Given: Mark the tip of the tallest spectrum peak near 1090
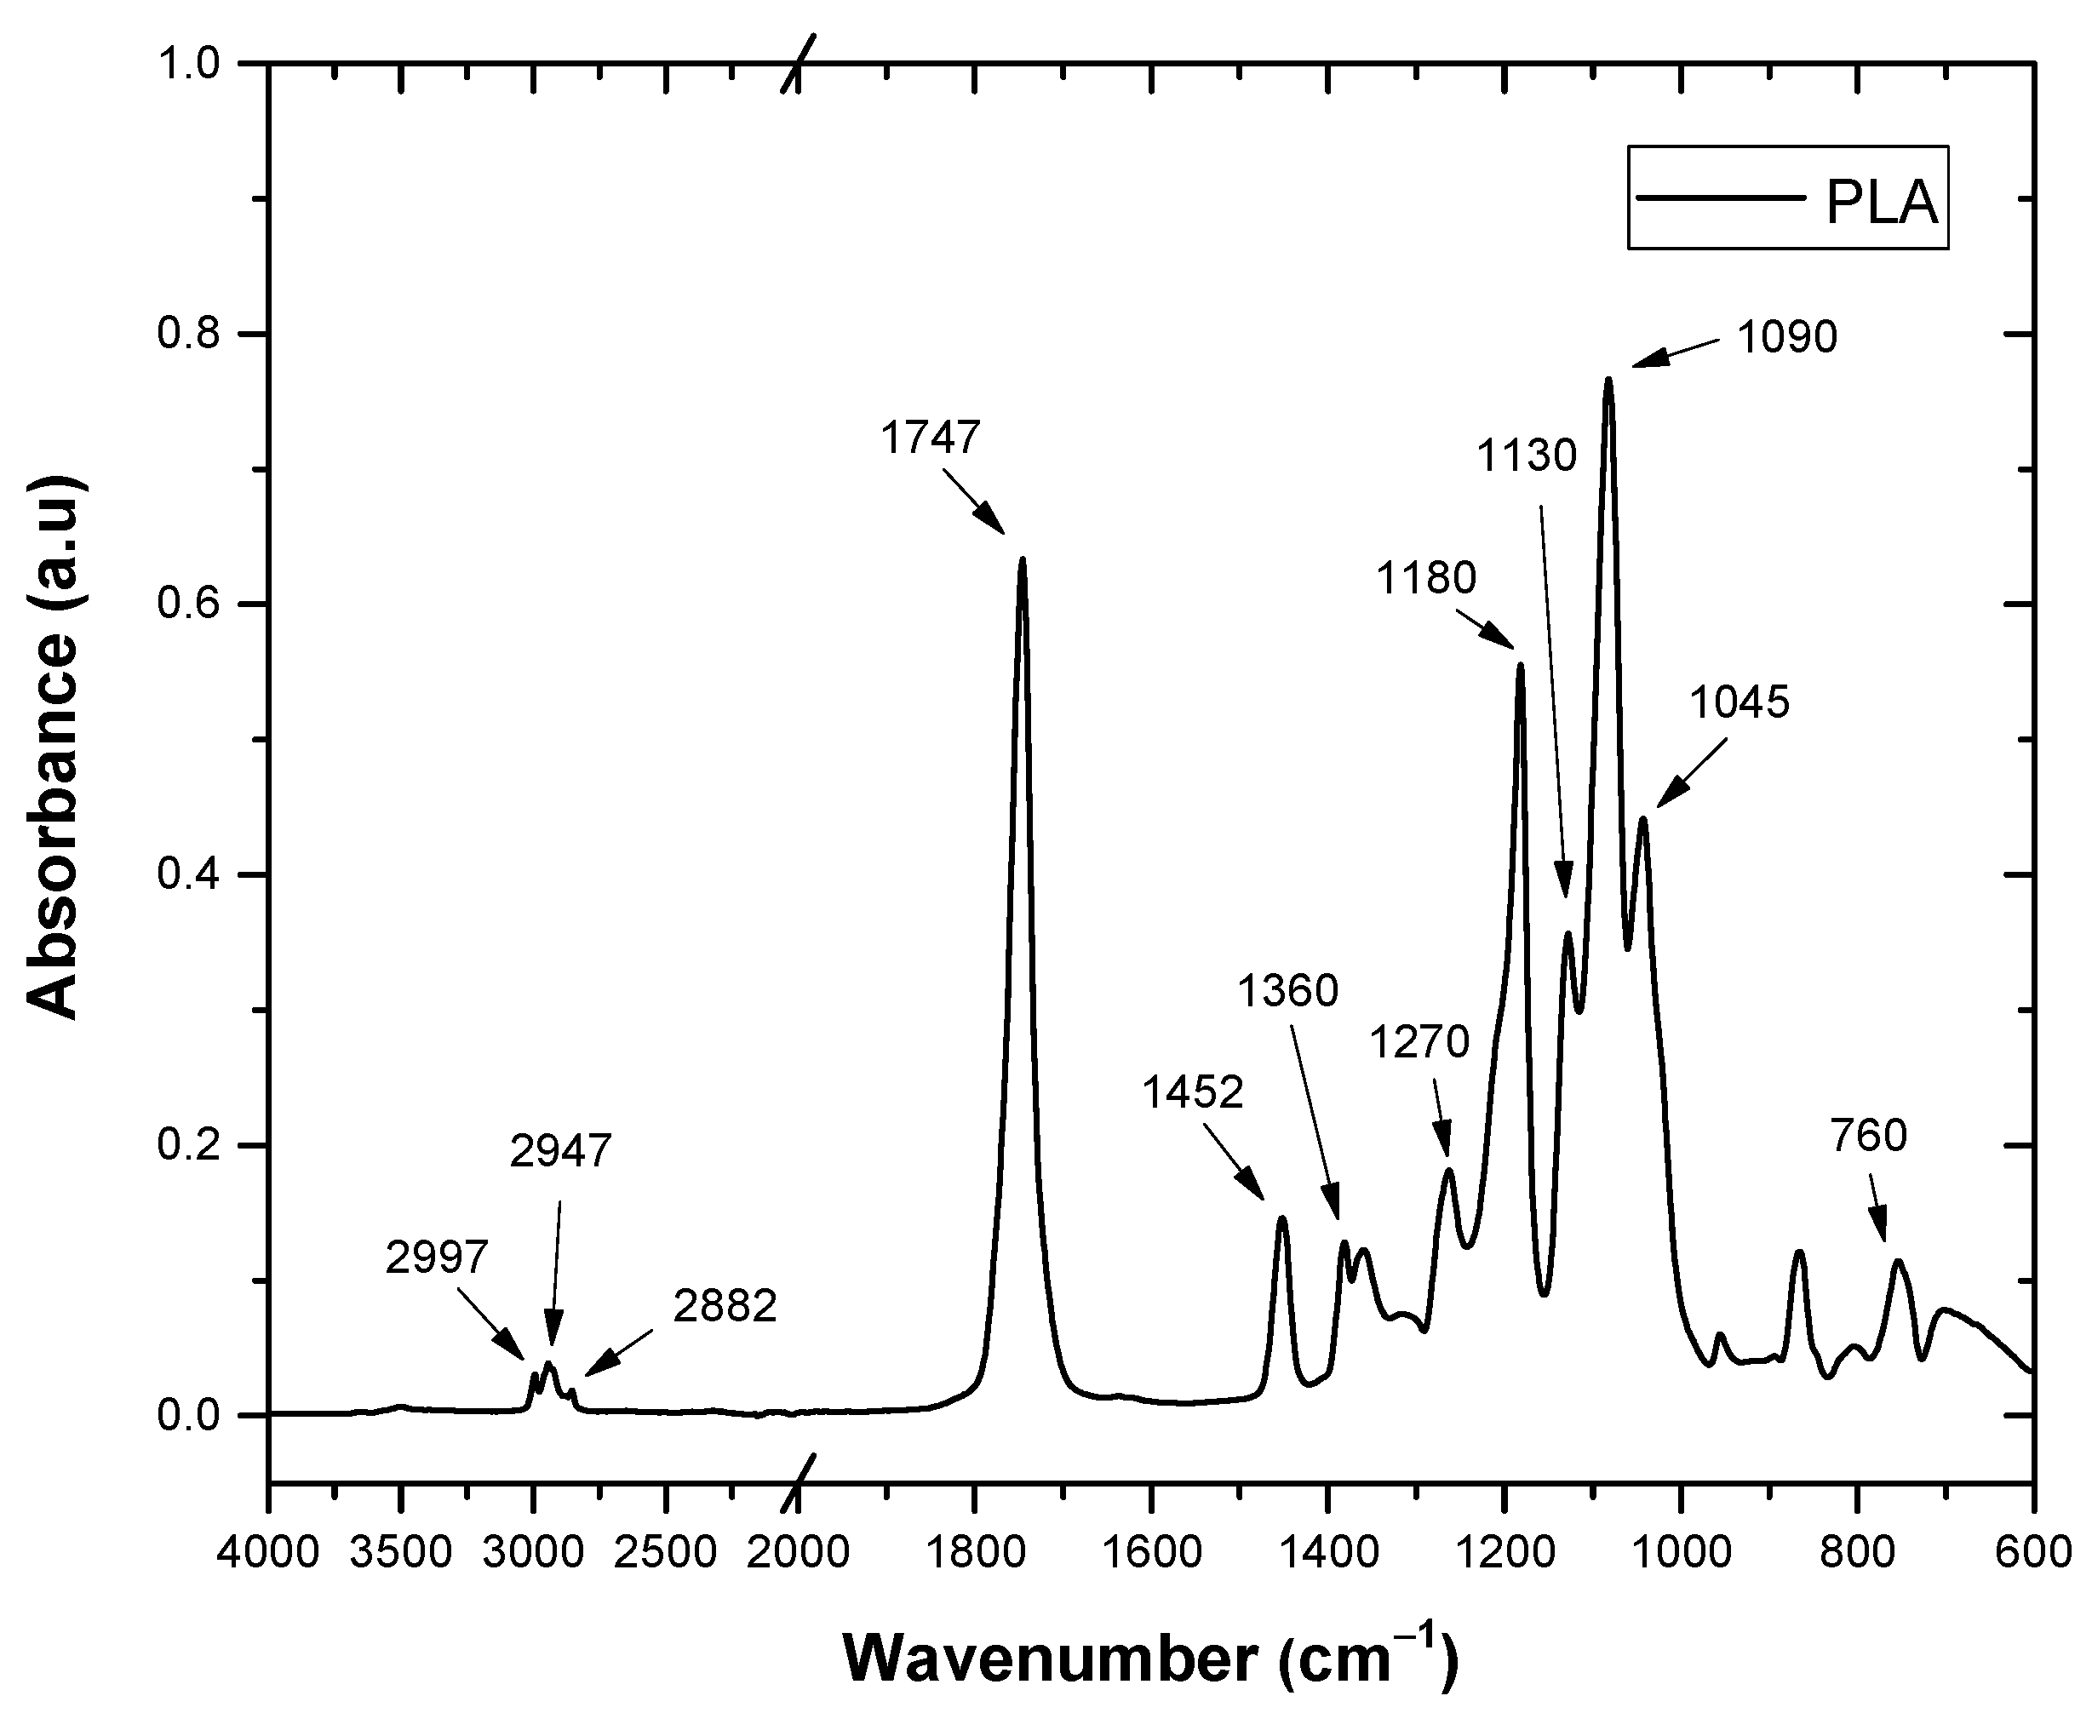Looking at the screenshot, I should (x=1608, y=379).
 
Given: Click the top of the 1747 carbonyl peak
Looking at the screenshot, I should (x=1023, y=559).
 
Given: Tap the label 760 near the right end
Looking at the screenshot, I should (x=1868, y=1136).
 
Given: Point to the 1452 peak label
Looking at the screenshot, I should (x=1193, y=1092).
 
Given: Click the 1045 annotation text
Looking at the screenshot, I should (x=1739, y=702).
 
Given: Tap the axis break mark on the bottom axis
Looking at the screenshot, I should (x=799, y=1482).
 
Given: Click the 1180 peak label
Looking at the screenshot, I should (x=1426, y=578).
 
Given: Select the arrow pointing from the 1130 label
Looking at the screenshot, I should (x=1554, y=700).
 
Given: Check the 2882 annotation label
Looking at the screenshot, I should (x=725, y=1306).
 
